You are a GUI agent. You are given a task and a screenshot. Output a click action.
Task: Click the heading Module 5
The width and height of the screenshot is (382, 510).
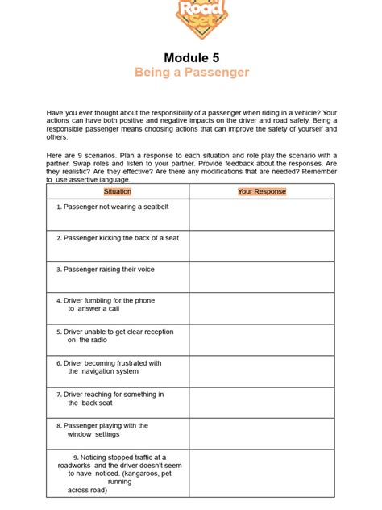tap(192, 57)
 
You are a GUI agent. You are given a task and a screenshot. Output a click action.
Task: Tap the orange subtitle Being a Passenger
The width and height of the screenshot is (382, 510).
tap(192, 73)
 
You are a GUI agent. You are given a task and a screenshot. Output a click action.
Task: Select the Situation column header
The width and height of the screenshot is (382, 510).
tap(118, 191)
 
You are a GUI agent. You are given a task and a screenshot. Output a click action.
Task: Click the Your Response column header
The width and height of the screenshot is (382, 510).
tap(262, 191)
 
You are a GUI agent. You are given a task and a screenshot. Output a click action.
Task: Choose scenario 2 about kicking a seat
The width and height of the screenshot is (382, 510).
tap(118, 238)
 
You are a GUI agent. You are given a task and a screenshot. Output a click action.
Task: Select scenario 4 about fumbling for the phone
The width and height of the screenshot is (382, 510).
tap(105, 304)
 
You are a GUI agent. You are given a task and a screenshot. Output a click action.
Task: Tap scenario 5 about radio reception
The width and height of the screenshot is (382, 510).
tap(114, 336)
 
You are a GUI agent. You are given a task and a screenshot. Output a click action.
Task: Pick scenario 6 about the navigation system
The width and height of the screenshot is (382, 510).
tap(109, 367)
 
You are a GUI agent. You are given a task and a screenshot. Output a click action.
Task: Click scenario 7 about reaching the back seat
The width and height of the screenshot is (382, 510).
tap(110, 399)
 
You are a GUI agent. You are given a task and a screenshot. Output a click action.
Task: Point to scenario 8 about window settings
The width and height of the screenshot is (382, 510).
tap(102, 430)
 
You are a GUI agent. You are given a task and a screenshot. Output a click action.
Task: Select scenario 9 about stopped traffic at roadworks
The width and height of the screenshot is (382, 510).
tap(119, 473)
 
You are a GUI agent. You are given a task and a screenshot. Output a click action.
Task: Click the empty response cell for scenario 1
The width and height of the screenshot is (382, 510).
tap(262, 215)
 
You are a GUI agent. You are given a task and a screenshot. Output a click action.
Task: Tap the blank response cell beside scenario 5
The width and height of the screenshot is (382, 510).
tap(262, 340)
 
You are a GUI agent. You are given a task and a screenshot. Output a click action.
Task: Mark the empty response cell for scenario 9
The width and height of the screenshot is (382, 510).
tap(262, 473)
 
